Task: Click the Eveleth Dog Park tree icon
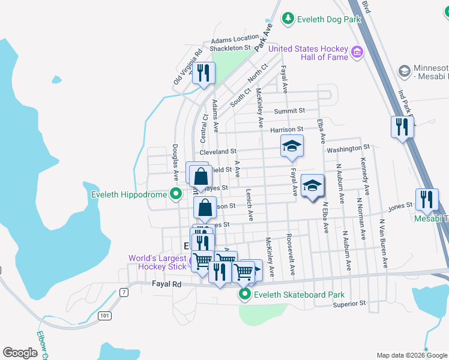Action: (289, 19)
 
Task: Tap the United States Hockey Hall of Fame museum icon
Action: (357, 52)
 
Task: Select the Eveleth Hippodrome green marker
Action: (176, 194)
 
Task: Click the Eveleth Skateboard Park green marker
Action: (245, 295)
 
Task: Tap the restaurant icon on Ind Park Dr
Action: (401, 127)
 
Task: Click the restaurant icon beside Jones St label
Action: (426, 200)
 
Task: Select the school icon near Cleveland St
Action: (292, 146)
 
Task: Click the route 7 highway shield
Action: (124, 292)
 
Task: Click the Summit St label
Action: (289, 111)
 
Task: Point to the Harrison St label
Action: (286, 130)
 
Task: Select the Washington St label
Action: (348, 148)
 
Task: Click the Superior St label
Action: (349, 304)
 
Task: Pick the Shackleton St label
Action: (230, 47)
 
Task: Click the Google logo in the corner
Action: (20, 352)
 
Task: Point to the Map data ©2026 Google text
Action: (411, 355)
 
